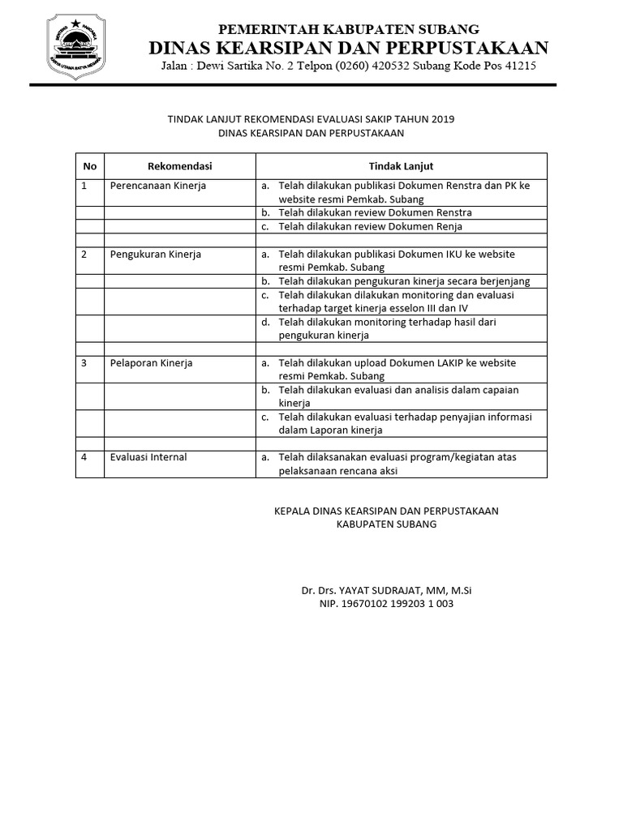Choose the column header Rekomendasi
click(179, 166)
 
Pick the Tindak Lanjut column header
click(402, 166)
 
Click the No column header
click(90, 166)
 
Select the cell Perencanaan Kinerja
click(158, 186)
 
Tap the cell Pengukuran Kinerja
click(156, 254)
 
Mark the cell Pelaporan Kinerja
click(152, 362)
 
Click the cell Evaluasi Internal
click(148, 457)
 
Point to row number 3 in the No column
click(84, 362)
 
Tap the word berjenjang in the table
click(499, 280)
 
